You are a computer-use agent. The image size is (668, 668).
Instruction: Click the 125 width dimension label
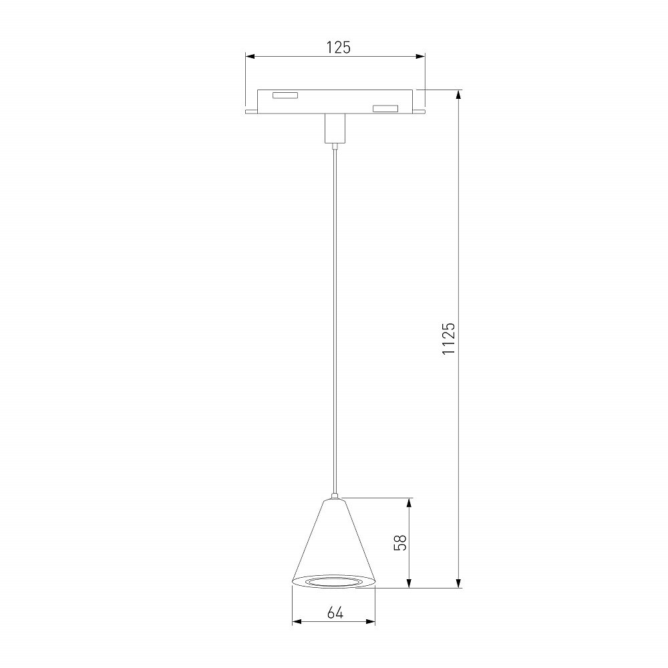pyautogui.click(x=338, y=47)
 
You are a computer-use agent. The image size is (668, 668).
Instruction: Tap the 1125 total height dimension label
pyautogui.click(x=449, y=338)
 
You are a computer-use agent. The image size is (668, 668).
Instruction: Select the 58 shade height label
pyautogui.click(x=400, y=542)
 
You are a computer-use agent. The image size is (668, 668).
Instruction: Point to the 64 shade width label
pyautogui.click(x=335, y=613)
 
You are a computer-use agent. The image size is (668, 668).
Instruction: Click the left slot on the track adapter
pyautogui.click(x=285, y=96)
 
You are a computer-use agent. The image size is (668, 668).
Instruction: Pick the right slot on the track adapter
pyautogui.click(x=385, y=109)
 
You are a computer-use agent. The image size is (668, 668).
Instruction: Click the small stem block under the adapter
pyautogui.click(x=335, y=129)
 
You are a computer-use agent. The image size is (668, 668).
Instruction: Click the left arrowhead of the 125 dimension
pyautogui.click(x=250, y=56)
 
